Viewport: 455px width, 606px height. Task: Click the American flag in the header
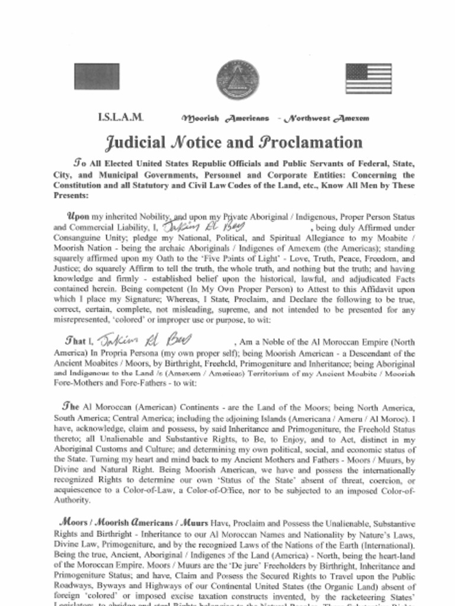[x=369, y=79]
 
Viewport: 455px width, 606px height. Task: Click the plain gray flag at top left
[x=96, y=76]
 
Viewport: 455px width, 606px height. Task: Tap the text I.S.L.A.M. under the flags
[x=120, y=117]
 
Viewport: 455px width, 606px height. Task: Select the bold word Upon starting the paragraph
[x=78, y=217]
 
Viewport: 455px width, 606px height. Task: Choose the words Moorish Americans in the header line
[x=226, y=118]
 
